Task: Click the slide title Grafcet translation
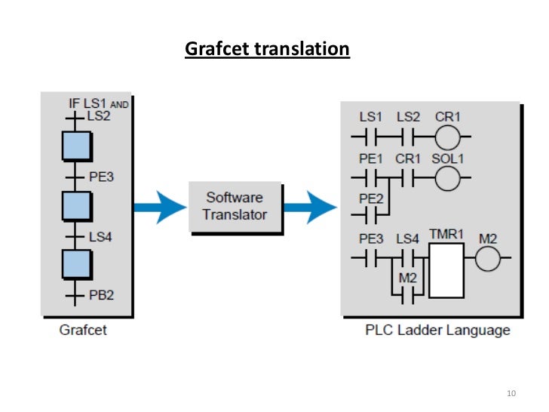[x=268, y=50]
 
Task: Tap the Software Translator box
[x=235, y=206]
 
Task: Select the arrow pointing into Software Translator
[x=159, y=206]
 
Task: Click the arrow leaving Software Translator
[x=310, y=206]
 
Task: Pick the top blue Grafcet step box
[x=77, y=145]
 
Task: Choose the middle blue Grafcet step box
[x=77, y=205]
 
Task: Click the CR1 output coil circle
[x=447, y=137]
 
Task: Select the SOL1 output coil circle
[x=447, y=180]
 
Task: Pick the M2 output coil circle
[x=488, y=259]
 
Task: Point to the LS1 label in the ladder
[x=371, y=117]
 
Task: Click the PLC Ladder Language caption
[x=437, y=331]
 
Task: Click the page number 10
[x=511, y=394]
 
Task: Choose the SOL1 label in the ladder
[x=447, y=160]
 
